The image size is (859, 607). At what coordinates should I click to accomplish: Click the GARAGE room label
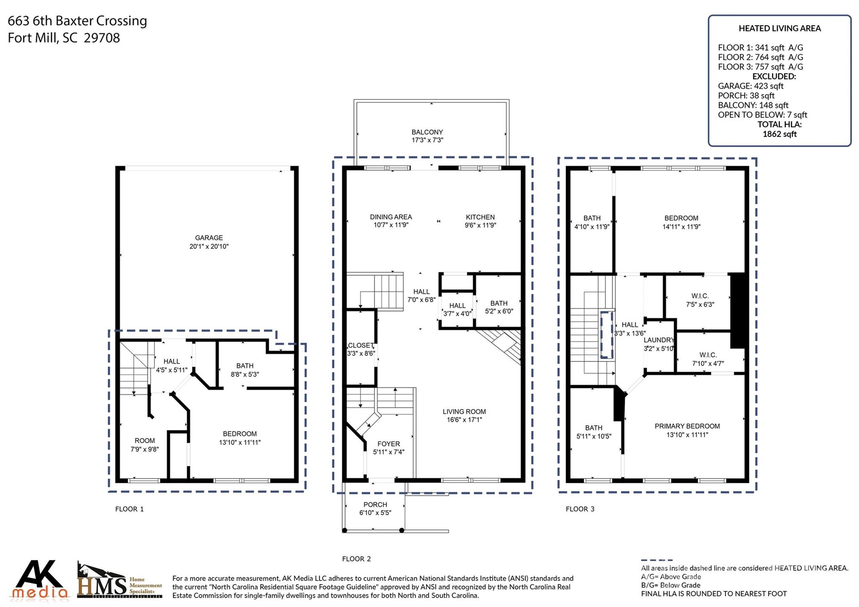click(x=209, y=237)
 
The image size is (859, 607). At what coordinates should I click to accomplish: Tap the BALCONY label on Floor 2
click(x=427, y=132)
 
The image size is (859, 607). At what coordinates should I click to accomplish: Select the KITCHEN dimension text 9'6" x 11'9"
click(x=480, y=225)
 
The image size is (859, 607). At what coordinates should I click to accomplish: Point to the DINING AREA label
click(x=391, y=217)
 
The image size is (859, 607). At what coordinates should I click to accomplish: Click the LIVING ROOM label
click(x=464, y=412)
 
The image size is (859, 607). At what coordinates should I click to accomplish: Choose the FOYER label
click(x=389, y=444)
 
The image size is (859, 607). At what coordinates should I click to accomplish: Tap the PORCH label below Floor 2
click(x=375, y=505)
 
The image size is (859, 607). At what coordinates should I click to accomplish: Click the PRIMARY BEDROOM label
click(x=687, y=426)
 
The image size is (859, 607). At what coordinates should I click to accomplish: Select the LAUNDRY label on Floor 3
click(x=659, y=340)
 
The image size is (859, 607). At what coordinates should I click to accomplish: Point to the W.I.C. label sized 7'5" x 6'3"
click(x=700, y=296)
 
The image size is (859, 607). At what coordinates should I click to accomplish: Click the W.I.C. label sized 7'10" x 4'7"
click(x=708, y=355)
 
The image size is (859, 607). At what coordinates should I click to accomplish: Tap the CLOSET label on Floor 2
click(x=361, y=345)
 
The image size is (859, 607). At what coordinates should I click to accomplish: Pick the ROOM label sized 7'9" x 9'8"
click(x=145, y=440)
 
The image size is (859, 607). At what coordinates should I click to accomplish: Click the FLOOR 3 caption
click(x=580, y=509)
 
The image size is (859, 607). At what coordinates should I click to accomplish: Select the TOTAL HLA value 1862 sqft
click(x=780, y=134)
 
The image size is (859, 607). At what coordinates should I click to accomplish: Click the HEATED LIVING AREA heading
click(x=780, y=29)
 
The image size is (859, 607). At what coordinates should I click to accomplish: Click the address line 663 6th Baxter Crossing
click(x=78, y=21)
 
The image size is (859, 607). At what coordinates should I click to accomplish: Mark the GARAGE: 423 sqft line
click(x=751, y=86)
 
